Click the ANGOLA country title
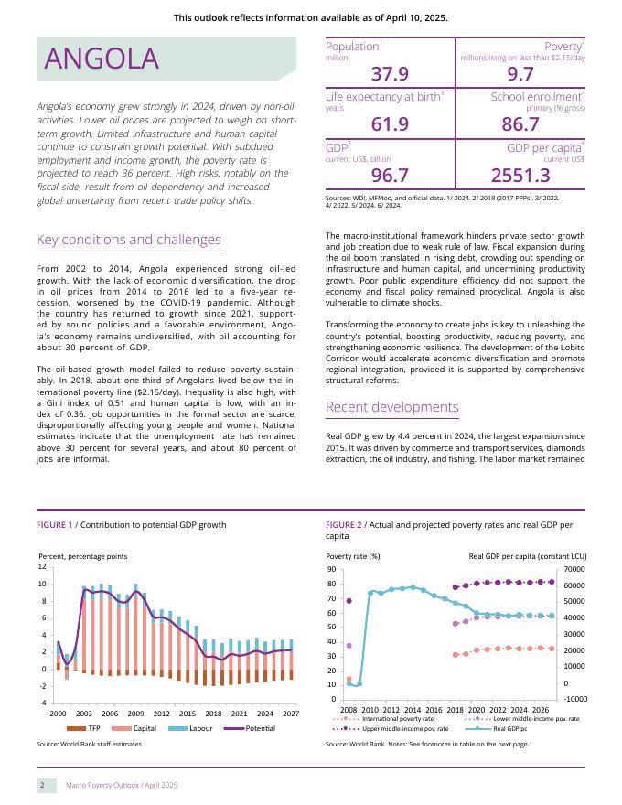pos(102,59)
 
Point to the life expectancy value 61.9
pos(390,124)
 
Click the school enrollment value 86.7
pos(520,124)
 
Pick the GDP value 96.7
pos(390,175)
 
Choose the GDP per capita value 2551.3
pos(520,175)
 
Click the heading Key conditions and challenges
pos(128,241)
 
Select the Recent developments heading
pos(391,407)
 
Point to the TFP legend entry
pos(93,728)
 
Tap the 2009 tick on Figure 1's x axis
pos(135,713)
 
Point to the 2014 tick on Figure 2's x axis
pos(413,709)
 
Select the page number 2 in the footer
pos(41,785)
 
